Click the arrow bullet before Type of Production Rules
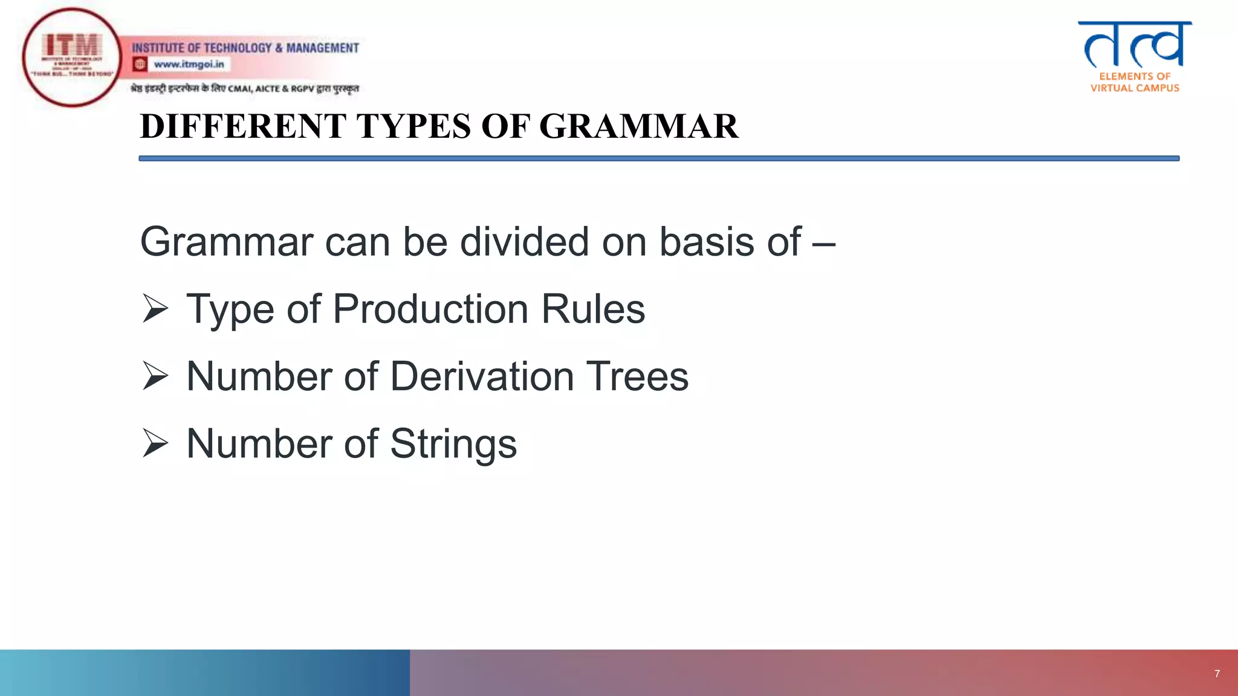point(155,309)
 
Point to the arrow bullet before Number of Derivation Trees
point(155,376)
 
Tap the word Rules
point(593,309)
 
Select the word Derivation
point(482,376)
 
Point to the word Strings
point(453,444)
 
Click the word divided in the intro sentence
point(524,242)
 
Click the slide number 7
point(1217,674)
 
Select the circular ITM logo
point(72,57)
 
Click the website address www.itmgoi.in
point(189,64)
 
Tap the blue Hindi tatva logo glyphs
point(1135,45)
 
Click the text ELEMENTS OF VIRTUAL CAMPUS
point(1135,82)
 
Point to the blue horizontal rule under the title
point(659,158)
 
